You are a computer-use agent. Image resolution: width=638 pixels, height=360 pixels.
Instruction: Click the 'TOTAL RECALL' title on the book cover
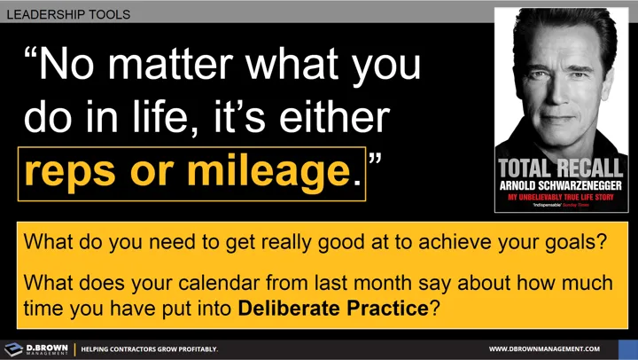tap(561, 168)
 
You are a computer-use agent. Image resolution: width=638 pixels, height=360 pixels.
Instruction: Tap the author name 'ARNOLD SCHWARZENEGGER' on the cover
tap(561, 185)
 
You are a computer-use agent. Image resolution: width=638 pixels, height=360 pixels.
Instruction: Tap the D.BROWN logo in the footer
tap(36, 348)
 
